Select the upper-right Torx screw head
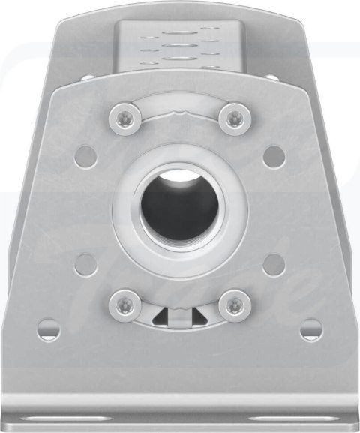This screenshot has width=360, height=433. pos(235,117)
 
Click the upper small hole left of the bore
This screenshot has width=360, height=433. pos(86,156)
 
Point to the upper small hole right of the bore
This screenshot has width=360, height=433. pos(274,156)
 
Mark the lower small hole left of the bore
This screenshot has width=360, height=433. pos(86,263)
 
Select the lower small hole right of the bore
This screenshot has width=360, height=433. pos(274,263)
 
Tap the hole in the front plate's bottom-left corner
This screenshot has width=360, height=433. pos(49,329)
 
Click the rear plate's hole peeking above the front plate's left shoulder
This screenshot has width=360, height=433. pos(87,77)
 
